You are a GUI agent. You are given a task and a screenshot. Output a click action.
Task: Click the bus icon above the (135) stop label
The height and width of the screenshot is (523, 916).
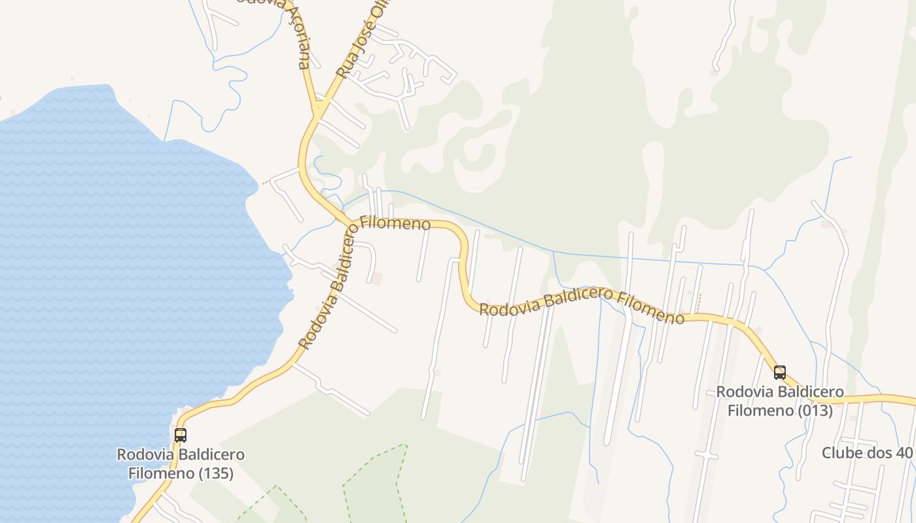pyautogui.click(x=180, y=435)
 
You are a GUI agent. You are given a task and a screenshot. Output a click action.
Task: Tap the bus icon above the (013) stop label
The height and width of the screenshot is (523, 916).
pyautogui.click(x=779, y=373)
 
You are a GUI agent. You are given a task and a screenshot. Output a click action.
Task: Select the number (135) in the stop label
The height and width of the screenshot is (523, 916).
pyautogui.click(x=211, y=473)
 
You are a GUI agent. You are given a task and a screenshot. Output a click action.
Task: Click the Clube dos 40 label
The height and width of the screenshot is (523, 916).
pyautogui.click(x=866, y=452)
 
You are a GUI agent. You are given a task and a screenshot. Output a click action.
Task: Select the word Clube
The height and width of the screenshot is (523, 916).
pyautogui.click(x=840, y=452)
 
